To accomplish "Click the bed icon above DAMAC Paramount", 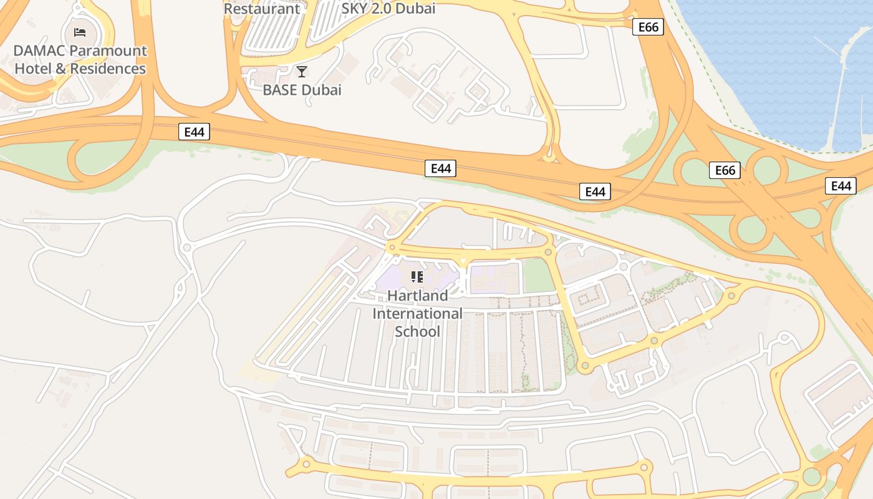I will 80,32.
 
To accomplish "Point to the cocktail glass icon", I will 302,72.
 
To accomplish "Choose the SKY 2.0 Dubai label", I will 388,9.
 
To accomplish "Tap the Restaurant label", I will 262,9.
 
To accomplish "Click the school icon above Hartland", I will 417,276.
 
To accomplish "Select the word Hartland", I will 418,295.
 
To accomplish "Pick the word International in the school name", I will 418,313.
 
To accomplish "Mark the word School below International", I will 418,331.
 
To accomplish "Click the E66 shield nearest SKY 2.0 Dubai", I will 648,27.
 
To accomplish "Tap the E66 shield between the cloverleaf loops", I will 725,170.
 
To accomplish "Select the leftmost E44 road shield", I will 194,132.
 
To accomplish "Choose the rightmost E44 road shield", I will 841,185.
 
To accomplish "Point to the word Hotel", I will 33,69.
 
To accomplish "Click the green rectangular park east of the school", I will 538,275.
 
